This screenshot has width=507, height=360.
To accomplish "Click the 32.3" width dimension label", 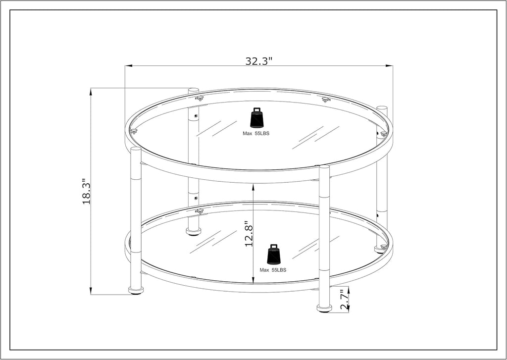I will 259,61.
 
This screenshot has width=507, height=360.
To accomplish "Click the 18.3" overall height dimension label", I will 87,192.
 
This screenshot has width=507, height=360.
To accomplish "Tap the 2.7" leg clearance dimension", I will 345,300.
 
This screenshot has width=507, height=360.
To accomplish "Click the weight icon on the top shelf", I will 256,118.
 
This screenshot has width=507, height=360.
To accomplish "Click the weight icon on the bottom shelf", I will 273,254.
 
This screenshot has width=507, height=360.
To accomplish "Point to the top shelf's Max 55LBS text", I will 256,134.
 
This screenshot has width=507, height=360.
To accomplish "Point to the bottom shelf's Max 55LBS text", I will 273,270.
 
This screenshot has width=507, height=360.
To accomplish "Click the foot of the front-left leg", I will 136,290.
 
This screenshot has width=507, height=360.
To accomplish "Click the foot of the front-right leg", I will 324,309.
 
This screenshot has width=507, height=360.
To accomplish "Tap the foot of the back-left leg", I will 193,231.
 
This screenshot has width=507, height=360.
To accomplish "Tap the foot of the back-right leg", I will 381,249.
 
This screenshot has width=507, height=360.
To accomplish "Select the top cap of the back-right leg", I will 381,108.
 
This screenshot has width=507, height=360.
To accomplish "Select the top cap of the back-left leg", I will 193,90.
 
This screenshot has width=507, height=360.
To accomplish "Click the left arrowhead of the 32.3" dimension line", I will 127,65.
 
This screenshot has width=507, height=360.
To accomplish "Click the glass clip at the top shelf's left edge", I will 133,131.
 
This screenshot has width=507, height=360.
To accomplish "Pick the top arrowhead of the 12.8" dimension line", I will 253,185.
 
